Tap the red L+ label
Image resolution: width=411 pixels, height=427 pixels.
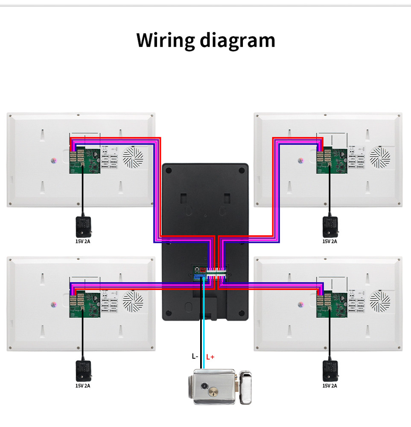coord(210,357)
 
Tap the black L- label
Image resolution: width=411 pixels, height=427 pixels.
coord(195,356)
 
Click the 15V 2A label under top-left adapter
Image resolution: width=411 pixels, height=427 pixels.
coord(83,241)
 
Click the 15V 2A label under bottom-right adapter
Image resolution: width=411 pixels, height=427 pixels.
coord(329,386)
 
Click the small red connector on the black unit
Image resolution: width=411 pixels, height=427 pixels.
coord(203,271)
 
